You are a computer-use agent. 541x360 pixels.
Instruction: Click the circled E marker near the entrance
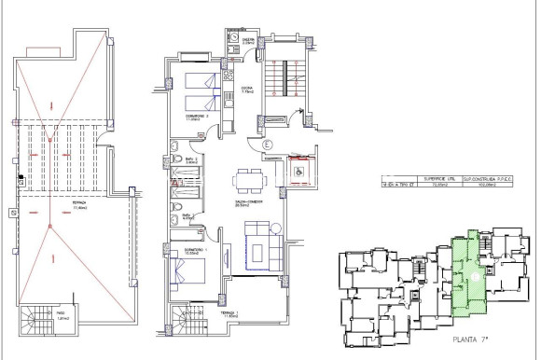266,145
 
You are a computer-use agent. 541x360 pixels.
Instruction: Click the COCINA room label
248,91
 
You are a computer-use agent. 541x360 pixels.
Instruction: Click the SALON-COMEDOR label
248,202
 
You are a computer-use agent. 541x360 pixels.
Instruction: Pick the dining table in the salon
248,180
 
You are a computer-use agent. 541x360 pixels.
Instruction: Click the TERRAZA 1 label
229,314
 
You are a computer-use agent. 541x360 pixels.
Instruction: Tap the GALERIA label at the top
248,41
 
